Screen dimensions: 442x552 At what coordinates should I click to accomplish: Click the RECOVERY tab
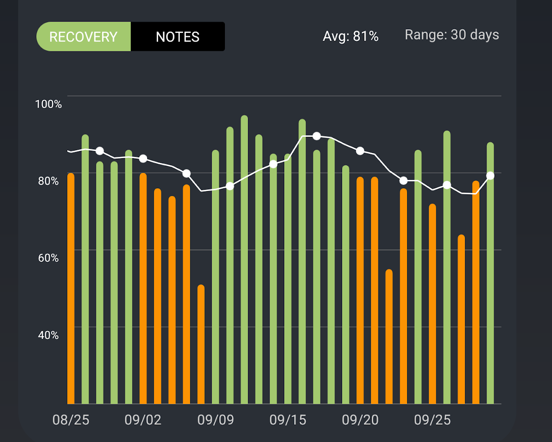pyautogui.click(x=83, y=37)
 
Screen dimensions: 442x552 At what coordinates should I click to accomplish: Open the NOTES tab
pyautogui.click(x=178, y=37)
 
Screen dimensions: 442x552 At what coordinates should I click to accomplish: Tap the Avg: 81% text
pyautogui.click(x=351, y=36)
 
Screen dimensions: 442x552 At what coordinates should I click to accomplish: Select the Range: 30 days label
pyautogui.click(x=452, y=35)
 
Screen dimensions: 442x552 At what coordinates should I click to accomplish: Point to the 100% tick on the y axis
pyautogui.click(x=48, y=104)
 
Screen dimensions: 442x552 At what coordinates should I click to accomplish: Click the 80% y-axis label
pyautogui.click(x=47, y=181)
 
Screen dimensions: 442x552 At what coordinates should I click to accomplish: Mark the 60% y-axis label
pyautogui.click(x=47, y=258)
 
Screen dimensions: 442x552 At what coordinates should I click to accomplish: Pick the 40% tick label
pyautogui.click(x=47, y=335)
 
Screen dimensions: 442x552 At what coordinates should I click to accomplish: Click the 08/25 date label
pyautogui.click(x=71, y=420)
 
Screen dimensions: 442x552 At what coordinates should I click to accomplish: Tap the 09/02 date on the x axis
pyautogui.click(x=143, y=420)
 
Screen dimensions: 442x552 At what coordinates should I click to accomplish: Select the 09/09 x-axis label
pyautogui.click(x=216, y=420)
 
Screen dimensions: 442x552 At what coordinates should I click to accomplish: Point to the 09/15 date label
pyautogui.click(x=288, y=420)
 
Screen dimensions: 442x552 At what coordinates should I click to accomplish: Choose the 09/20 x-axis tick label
pyautogui.click(x=360, y=420)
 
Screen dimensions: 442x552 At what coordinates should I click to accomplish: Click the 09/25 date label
pyautogui.click(x=432, y=420)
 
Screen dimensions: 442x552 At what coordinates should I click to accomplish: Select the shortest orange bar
pyautogui.click(x=201, y=344)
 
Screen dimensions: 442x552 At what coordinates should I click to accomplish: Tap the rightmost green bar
pyautogui.click(x=490, y=273)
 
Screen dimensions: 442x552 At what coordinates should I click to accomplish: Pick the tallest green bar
pyautogui.click(x=244, y=259)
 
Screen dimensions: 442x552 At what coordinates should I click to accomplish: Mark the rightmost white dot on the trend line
pyautogui.click(x=490, y=176)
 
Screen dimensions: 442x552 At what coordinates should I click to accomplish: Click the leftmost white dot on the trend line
pyautogui.click(x=100, y=151)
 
